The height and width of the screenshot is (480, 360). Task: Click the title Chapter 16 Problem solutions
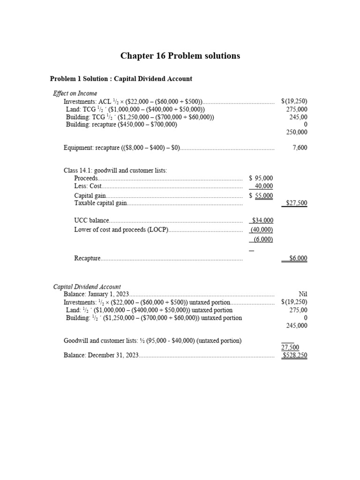pyautogui.click(x=180, y=56)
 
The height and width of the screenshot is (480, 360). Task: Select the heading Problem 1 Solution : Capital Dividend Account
pyautogui.click(x=121, y=79)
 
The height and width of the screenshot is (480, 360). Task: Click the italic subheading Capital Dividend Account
pyautogui.click(x=87, y=286)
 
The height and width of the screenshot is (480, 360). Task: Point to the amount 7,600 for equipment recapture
pyautogui.click(x=300, y=148)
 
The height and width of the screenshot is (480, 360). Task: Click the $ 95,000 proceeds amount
pyautogui.click(x=261, y=178)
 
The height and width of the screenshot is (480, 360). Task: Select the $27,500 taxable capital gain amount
pyautogui.click(x=297, y=203)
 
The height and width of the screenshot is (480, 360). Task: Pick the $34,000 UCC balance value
pyautogui.click(x=262, y=220)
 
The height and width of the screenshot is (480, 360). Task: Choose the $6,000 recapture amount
pyautogui.click(x=298, y=258)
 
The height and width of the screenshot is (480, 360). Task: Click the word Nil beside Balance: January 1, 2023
pyautogui.click(x=303, y=294)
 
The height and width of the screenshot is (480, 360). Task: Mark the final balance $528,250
pyautogui.click(x=295, y=355)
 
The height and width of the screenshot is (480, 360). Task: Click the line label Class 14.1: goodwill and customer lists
pyautogui.click(x=115, y=170)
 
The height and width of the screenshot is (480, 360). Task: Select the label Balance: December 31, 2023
pyautogui.click(x=101, y=355)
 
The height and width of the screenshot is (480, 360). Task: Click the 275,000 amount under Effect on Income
pyautogui.click(x=297, y=109)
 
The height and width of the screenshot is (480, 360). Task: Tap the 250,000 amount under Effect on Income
pyautogui.click(x=297, y=132)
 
